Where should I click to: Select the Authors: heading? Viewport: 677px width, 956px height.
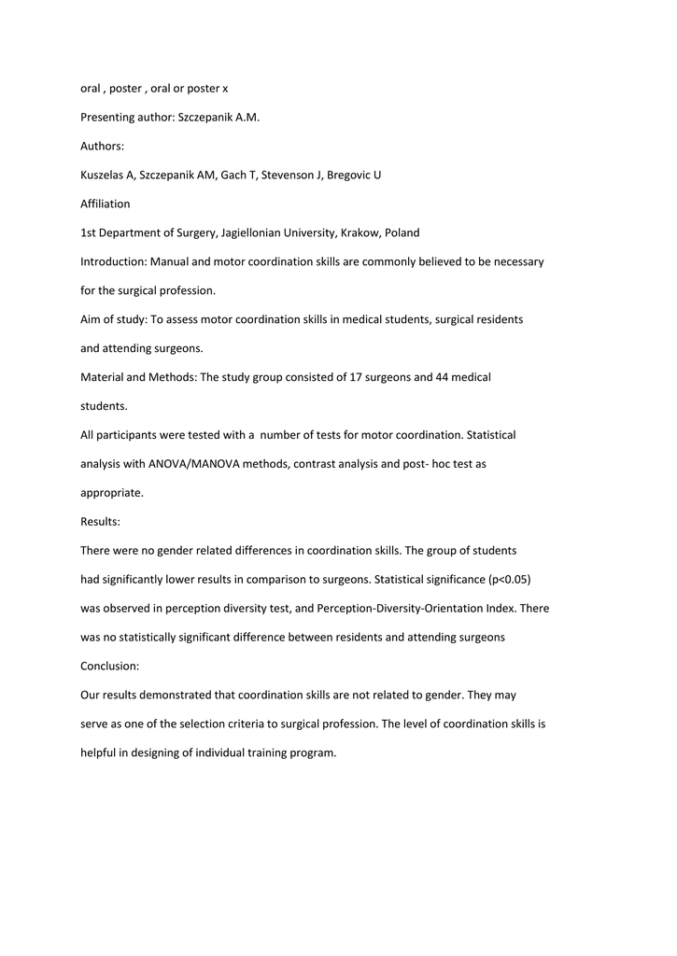[x=102, y=146]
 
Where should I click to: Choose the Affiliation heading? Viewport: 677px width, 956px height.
[x=106, y=204]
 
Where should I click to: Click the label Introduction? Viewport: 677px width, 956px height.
[x=113, y=261]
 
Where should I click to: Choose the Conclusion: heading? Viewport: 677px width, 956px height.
[x=111, y=666]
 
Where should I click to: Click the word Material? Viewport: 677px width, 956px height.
[x=102, y=376]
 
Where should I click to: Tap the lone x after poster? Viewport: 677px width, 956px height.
[x=225, y=88]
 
